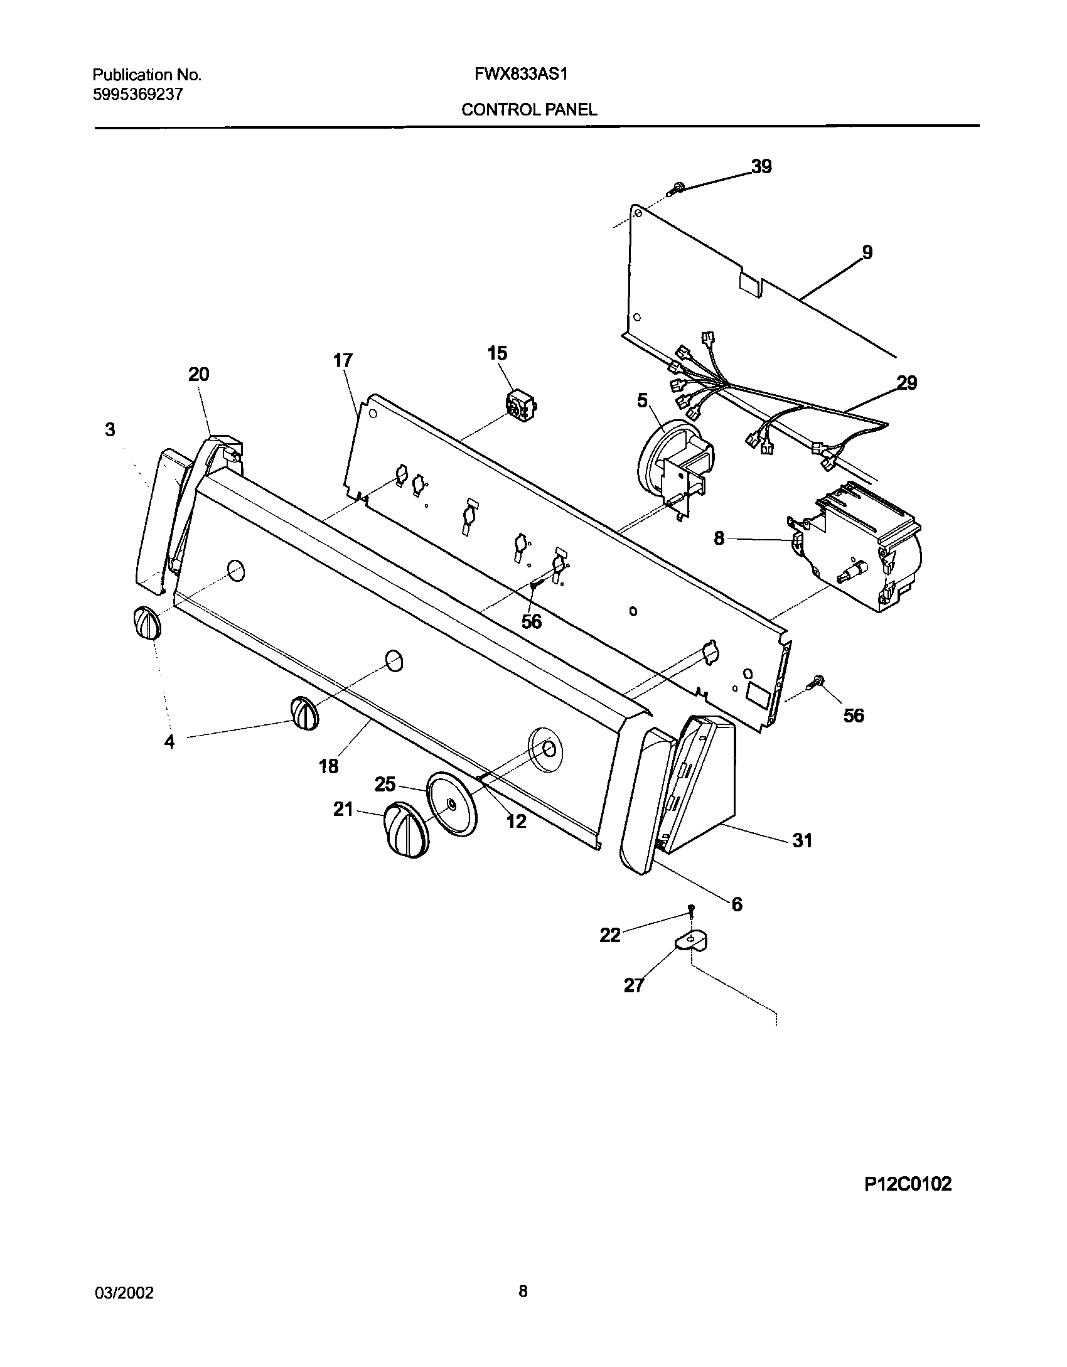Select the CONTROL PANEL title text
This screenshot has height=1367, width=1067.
[x=529, y=110]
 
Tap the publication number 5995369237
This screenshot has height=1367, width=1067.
[x=138, y=95]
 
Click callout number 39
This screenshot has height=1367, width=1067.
[x=761, y=167]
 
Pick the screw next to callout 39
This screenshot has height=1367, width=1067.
[x=677, y=186]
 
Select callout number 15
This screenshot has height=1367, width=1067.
[x=497, y=353]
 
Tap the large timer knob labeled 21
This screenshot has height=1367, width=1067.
[x=407, y=828]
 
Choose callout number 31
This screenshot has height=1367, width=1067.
[x=803, y=840]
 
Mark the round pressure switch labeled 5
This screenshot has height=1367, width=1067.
[x=675, y=461]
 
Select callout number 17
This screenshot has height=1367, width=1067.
[x=343, y=360]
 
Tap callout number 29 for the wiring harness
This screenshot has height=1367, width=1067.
[x=907, y=382]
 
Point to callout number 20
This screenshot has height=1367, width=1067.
[x=198, y=375]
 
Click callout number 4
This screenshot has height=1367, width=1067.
[x=169, y=742]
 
